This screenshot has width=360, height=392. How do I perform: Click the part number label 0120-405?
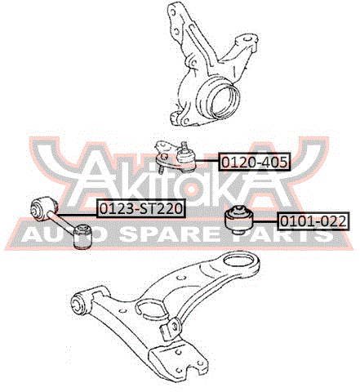254,163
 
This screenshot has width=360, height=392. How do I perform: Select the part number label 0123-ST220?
140,209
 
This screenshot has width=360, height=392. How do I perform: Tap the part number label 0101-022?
313,221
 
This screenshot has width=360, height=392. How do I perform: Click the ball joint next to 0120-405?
177,157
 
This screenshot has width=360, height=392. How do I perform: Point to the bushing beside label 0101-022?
239,220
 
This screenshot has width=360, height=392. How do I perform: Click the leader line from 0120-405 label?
207,162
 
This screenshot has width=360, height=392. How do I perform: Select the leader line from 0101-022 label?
265,221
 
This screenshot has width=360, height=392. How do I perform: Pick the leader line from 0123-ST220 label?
77,215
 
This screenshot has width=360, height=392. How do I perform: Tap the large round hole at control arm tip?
238,261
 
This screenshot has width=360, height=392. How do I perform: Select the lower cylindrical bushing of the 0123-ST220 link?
83,236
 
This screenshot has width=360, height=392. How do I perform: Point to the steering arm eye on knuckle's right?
247,39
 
